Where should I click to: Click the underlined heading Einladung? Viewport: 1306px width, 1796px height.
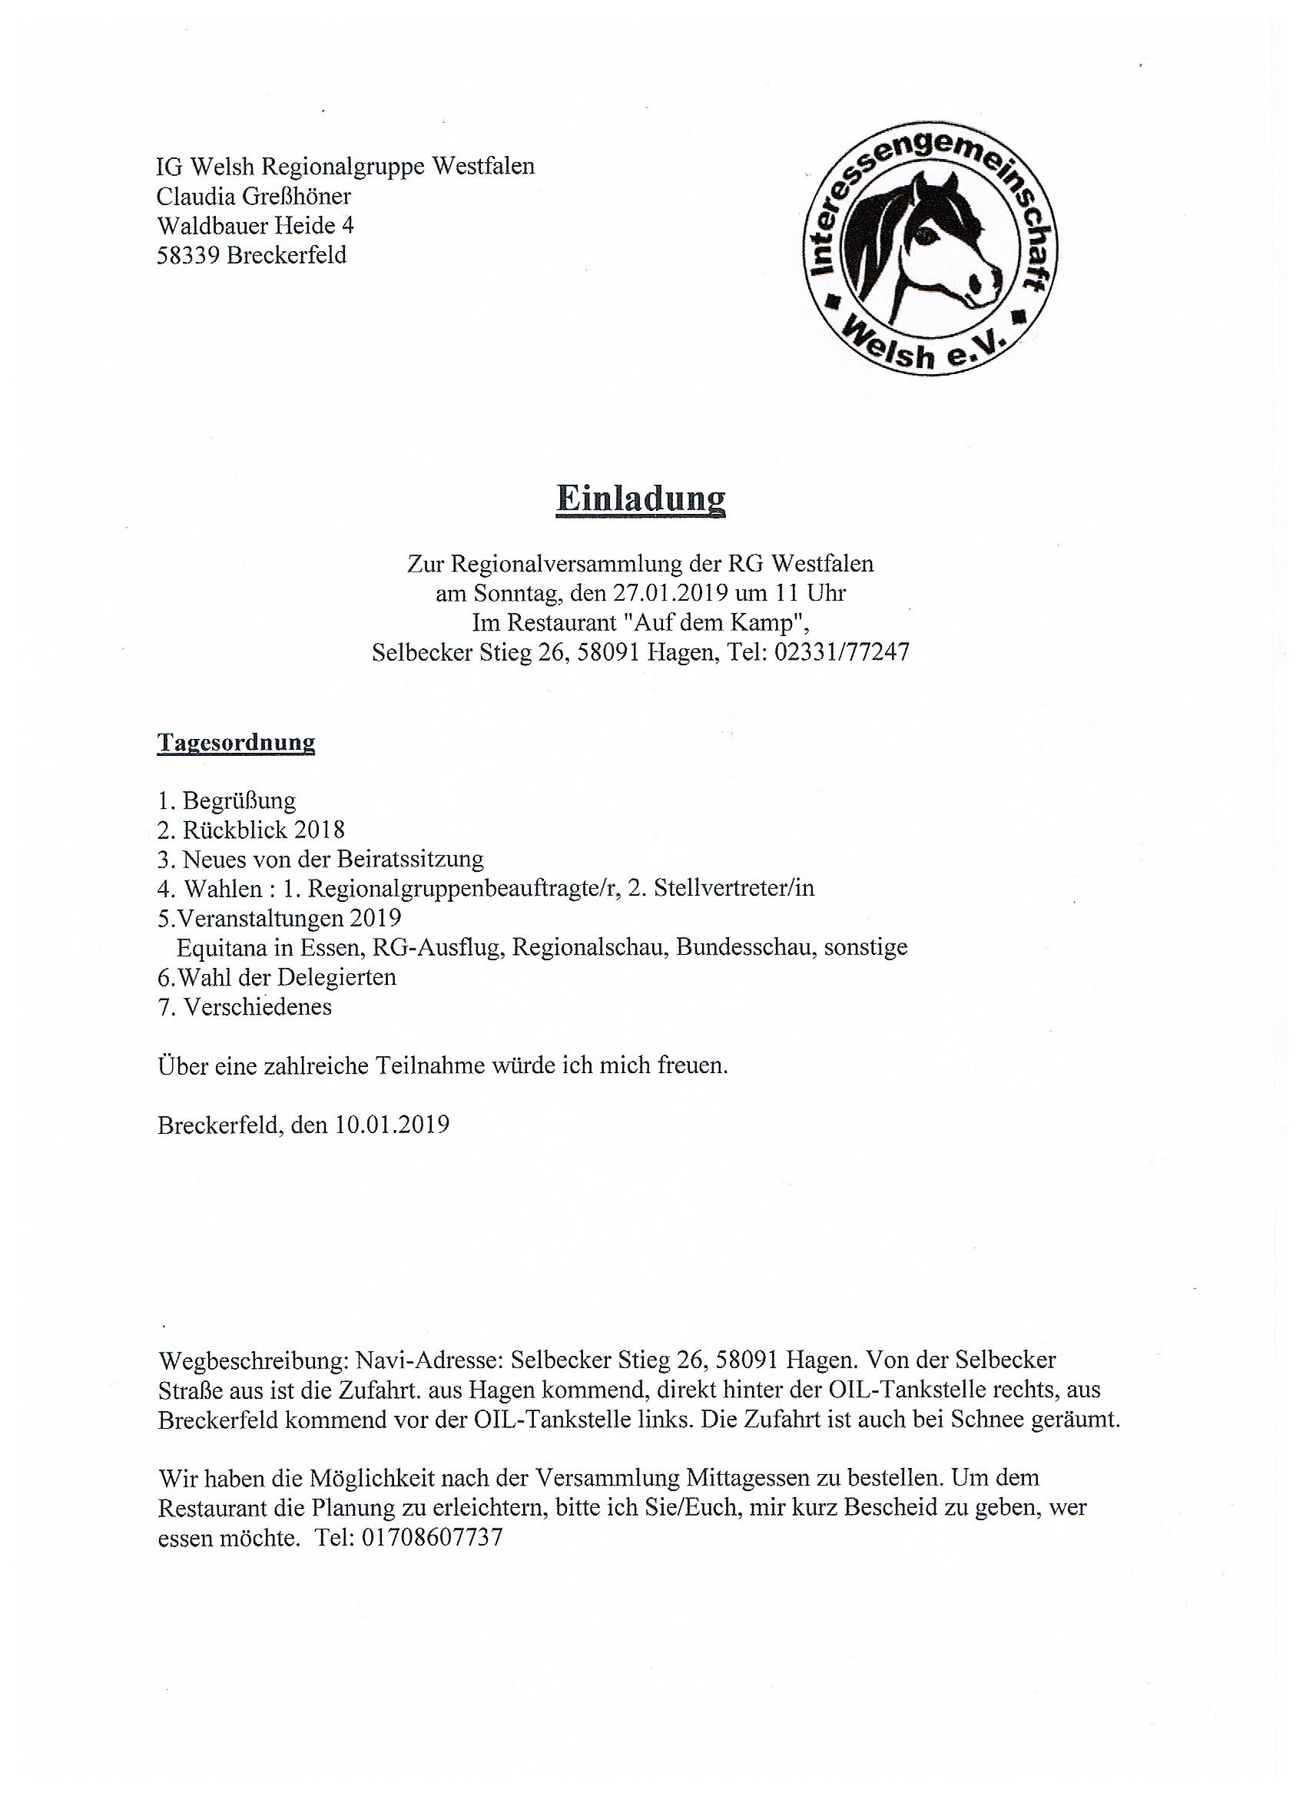pyautogui.click(x=640, y=498)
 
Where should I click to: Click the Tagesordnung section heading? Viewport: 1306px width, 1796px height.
pyautogui.click(x=236, y=742)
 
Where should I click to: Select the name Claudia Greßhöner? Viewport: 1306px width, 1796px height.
pyautogui.click(x=254, y=196)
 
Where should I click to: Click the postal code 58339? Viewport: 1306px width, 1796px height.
pyautogui.click(x=187, y=255)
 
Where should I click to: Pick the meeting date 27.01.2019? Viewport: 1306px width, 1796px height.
pyautogui.click(x=669, y=593)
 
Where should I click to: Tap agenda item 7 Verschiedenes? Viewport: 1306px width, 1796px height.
pyautogui.click(x=257, y=1006)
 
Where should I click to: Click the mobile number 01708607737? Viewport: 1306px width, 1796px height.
pyautogui.click(x=432, y=1538)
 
